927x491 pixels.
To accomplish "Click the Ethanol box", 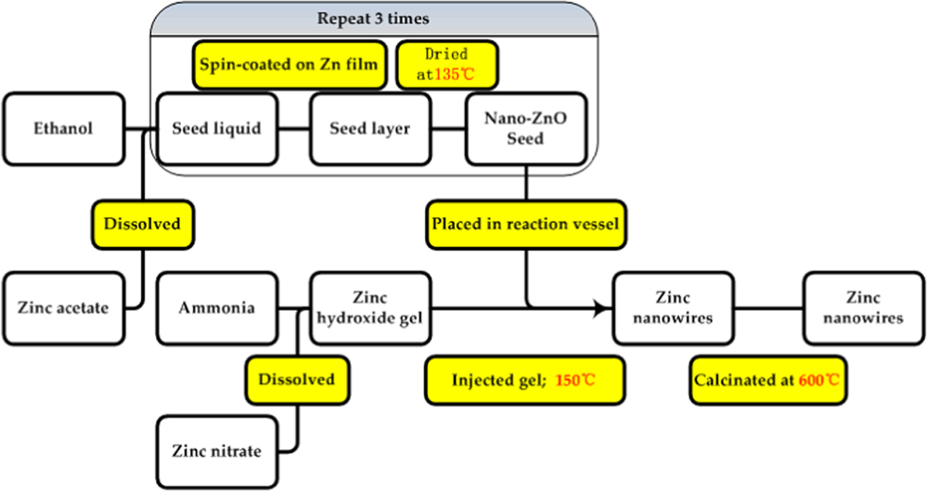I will coord(64,129).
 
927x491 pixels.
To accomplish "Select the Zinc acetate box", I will coord(64,304).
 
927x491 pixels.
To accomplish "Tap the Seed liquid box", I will coord(216,129).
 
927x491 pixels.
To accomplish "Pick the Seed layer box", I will coord(368,129).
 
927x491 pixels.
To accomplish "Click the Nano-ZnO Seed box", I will coord(525,129).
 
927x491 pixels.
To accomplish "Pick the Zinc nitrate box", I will coord(216,451).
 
